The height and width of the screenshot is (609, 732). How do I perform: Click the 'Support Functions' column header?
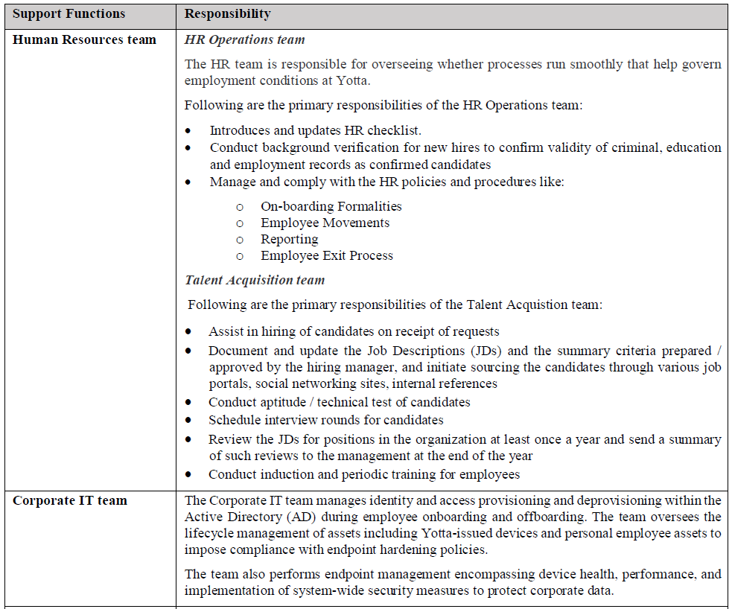click(x=69, y=14)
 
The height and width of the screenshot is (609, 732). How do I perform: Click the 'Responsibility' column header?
click(x=227, y=14)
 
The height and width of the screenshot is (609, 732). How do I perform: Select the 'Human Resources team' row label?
click(x=84, y=39)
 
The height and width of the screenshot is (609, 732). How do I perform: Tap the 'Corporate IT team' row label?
click(x=70, y=500)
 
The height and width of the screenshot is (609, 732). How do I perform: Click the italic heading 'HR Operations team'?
click(x=244, y=39)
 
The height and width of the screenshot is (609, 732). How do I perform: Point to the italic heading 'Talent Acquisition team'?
click(x=255, y=280)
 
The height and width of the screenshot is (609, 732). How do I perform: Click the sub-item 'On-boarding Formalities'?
click(x=331, y=206)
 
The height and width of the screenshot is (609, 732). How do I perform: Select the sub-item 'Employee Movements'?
click(x=325, y=223)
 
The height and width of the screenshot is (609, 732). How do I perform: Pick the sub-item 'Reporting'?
click(x=289, y=239)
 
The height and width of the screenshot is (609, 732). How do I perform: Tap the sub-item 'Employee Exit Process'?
click(x=326, y=255)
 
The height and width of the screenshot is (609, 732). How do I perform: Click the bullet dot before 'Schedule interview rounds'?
click(x=189, y=421)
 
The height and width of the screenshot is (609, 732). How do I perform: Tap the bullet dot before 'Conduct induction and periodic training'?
click(x=189, y=474)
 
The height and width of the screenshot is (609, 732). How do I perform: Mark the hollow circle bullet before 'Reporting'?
click(x=240, y=240)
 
